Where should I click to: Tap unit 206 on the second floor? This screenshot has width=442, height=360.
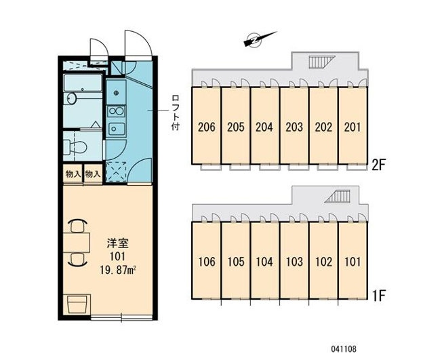point(207,125)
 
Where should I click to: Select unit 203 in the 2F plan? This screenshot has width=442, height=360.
point(294,125)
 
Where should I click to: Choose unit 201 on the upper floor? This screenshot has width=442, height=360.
point(353,125)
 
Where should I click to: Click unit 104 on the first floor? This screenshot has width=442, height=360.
point(264,260)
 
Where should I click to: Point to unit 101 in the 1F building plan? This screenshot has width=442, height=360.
point(353,260)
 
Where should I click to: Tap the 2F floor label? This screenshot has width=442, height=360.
point(378,165)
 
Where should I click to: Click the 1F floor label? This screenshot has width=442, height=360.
point(378,296)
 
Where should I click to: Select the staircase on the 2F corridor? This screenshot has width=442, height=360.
point(322,62)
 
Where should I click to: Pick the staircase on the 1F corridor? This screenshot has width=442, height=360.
point(337,197)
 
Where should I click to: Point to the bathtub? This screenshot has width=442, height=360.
point(83,83)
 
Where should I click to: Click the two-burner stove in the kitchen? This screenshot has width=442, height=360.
point(116,111)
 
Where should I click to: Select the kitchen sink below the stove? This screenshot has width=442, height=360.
point(116,129)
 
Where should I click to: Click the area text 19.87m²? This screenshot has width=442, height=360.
point(118,271)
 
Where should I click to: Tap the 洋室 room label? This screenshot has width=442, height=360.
point(118,243)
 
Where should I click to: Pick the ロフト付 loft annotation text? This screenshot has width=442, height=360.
point(176,113)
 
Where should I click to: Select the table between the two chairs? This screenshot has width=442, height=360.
point(77,243)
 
